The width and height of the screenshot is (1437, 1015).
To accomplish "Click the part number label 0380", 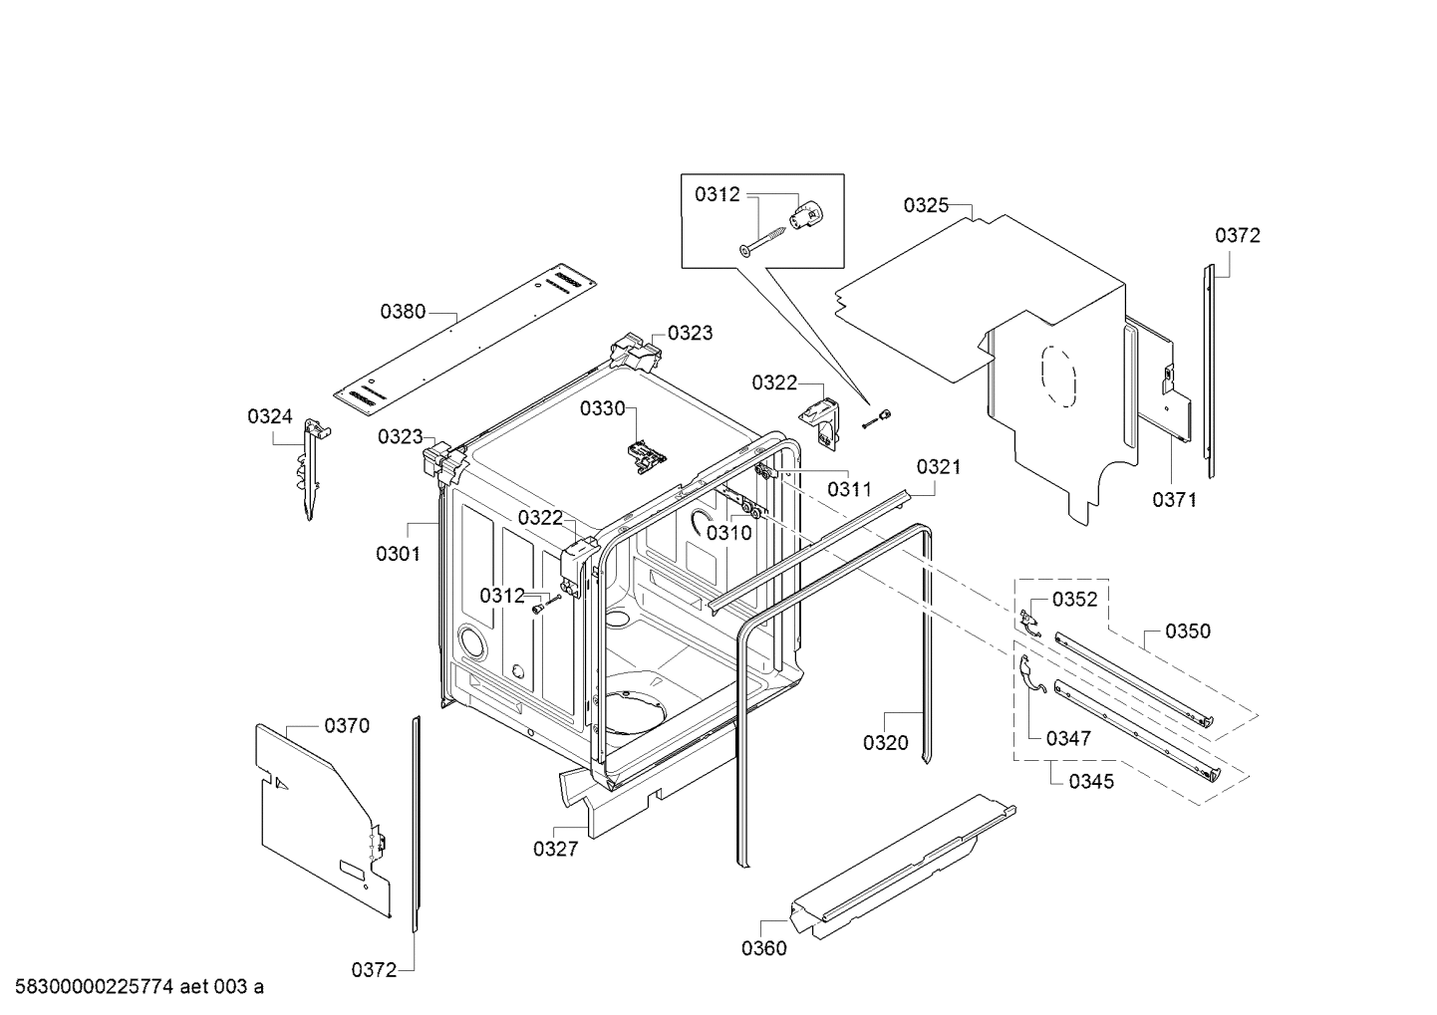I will pyautogui.click(x=403, y=312).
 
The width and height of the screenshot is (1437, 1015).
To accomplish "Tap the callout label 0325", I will pyautogui.click(x=926, y=205).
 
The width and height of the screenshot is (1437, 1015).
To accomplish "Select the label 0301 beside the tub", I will pyautogui.click(x=398, y=554).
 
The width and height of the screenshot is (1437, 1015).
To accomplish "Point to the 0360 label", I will pyautogui.click(x=763, y=948).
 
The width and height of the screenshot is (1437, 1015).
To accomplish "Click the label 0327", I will pyautogui.click(x=555, y=849).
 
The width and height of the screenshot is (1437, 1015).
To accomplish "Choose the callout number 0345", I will pyautogui.click(x=1091, y=781).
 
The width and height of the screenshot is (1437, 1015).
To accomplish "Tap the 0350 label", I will pyautogui.click(x=1188, y=631).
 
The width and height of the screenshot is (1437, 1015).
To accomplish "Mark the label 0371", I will pyautogui.click(x=1174, y=500).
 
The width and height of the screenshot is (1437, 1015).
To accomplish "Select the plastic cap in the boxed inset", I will pyautogui.click(x=808, y=213).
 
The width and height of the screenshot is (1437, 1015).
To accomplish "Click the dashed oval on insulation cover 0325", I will pyautogui.click(x=1058, y=380).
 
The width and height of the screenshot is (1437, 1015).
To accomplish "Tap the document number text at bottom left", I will pyautogui.click(x=133, y=987).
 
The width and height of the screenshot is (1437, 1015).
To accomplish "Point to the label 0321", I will pyautogui.click(x=939, y=466).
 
